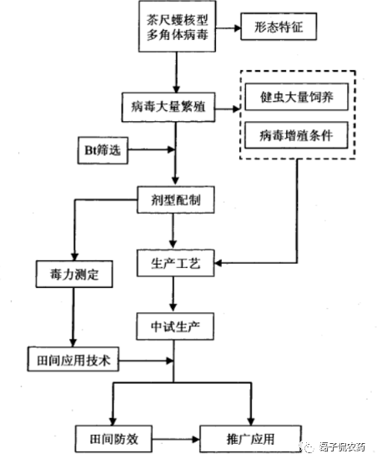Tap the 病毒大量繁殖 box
tap(173, 108)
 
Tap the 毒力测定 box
tap(70, 274)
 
